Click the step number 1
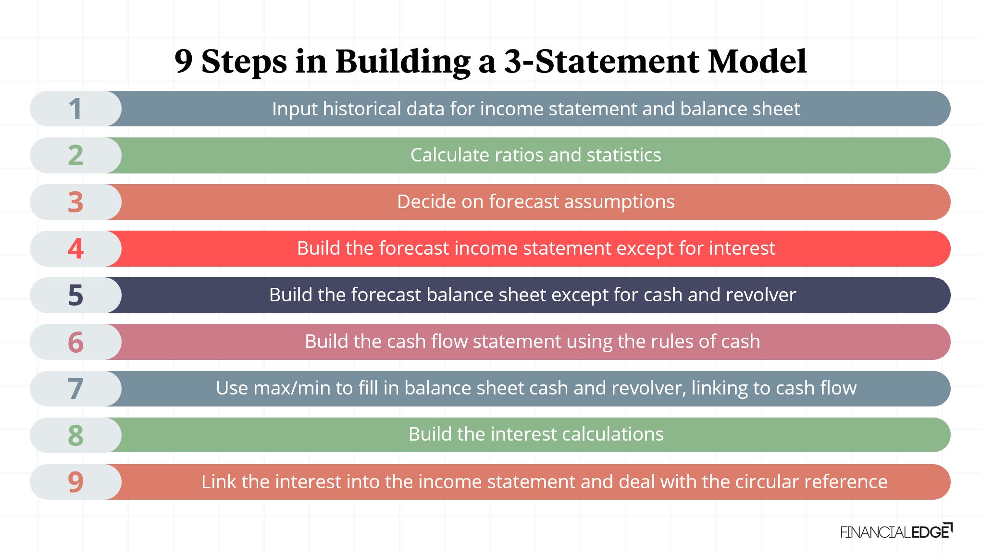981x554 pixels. pos(75,109)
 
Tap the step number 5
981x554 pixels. pos(75,295)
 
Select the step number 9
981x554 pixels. pos(75,481)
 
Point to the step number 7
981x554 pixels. pos(75,388)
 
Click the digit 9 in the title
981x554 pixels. pos(183,62)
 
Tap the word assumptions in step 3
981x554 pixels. pos(619,202)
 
